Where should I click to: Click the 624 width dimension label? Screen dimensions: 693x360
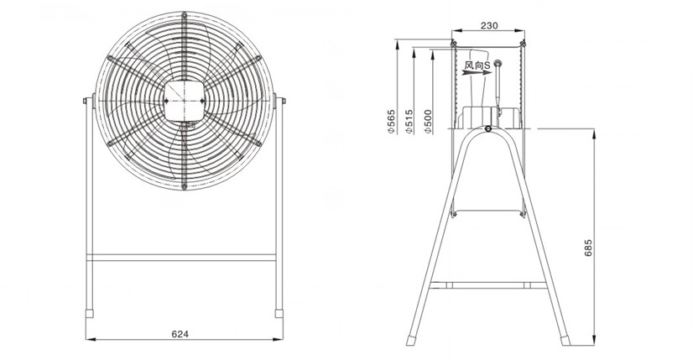180,334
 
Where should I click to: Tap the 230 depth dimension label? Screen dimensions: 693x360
489,26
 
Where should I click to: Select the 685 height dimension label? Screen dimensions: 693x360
588,248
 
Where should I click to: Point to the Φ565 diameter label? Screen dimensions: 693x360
391,122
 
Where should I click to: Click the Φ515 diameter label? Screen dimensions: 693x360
409,122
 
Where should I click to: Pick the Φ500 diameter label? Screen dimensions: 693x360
427,122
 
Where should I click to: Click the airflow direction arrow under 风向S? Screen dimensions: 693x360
477,73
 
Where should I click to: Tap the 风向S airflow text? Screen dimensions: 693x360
477,65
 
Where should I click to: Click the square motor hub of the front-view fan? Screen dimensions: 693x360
184,102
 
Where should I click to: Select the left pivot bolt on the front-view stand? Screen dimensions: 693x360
86,101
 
